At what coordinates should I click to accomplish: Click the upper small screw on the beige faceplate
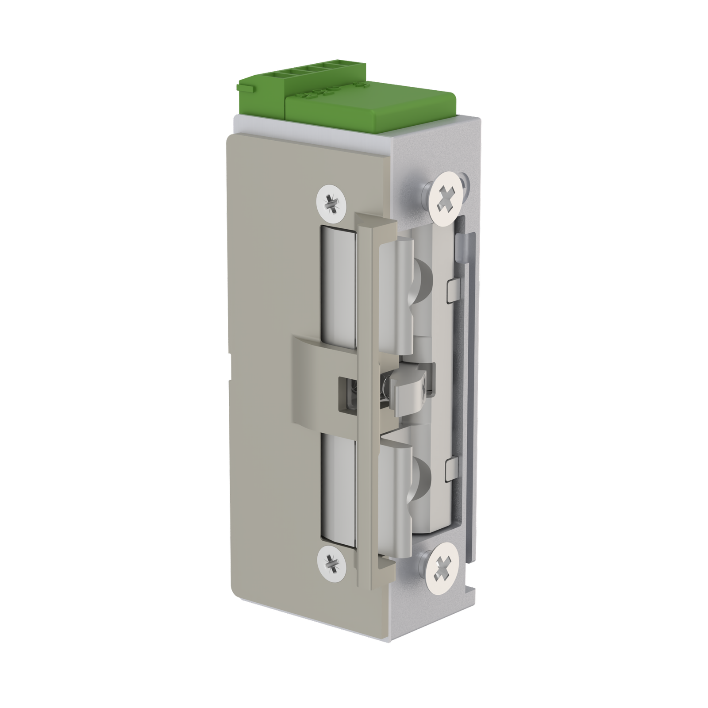[331, 204]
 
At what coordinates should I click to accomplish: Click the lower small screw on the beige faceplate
[331, 562]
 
